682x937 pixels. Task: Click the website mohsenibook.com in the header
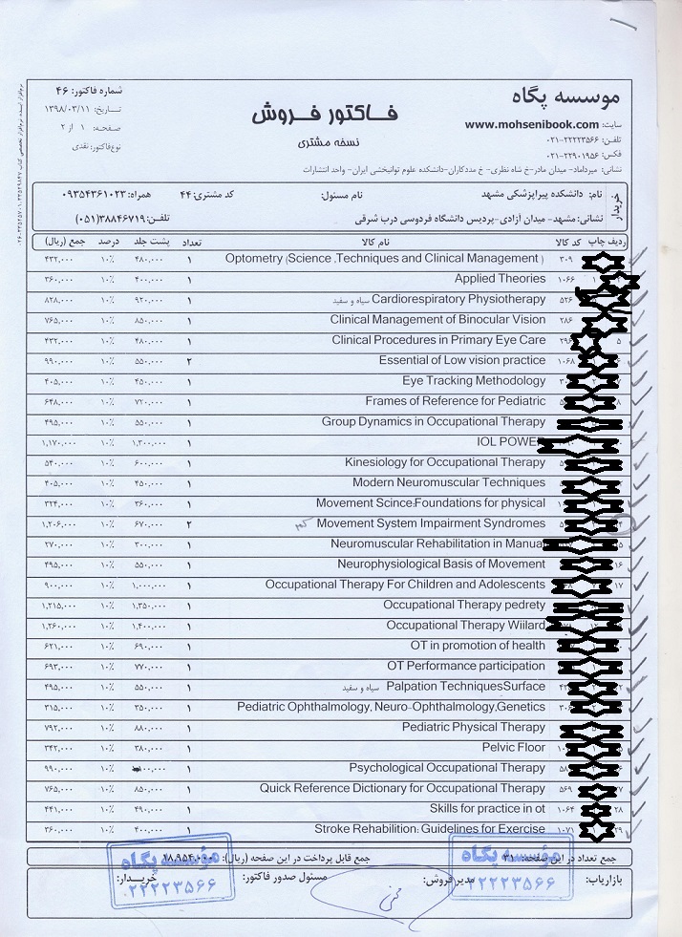click(532, 124)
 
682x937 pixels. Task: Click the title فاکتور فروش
click(325, 114)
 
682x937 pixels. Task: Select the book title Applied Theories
click(500, 279)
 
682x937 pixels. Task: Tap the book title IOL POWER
click(510, 442)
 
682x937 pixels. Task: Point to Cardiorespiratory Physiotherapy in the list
click(458, 299)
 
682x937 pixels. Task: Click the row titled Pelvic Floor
click(513, 747)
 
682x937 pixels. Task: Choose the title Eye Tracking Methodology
click(473, 380)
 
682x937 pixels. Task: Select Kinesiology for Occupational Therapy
click(444, 462)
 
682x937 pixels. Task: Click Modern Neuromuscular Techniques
click(448, 482)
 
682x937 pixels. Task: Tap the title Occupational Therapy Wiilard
click(465, 626)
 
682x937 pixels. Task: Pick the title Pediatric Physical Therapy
click(472, 727)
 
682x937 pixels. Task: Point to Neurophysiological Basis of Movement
click(440, 564)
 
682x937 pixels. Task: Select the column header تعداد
click(189, 241)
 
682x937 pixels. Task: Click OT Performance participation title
click(465, 666)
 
